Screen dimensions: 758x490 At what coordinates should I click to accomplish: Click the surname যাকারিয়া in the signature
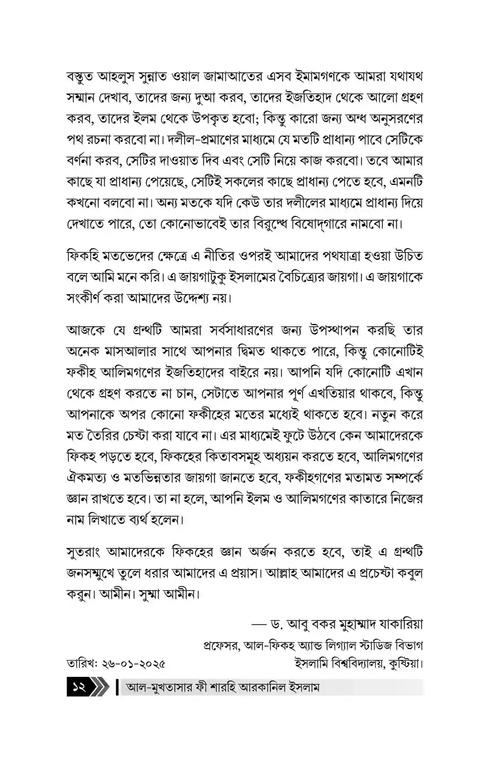(x=398, y=625)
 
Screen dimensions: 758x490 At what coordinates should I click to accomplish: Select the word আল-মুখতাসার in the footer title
(x=160, y=688)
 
